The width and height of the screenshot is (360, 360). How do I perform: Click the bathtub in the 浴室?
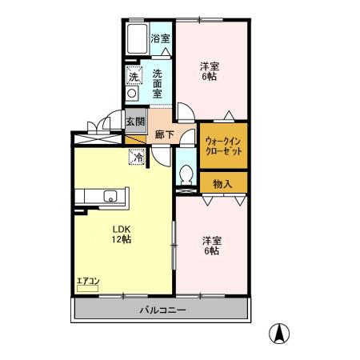point(137,39)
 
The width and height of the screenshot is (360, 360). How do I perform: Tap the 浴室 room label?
point(160,39)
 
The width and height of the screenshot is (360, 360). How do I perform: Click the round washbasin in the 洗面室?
point(132,94)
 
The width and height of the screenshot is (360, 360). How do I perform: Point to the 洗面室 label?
point(157,84)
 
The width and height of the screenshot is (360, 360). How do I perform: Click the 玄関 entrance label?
point(135,122)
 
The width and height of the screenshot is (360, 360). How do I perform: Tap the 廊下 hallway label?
point(164,134)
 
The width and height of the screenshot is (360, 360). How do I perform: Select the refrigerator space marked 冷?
point(137,157)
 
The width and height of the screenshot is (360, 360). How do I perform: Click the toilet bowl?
point(186,174)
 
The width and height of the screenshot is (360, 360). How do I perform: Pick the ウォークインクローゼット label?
point(223,146)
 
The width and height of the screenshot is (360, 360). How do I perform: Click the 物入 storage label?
point(222,184)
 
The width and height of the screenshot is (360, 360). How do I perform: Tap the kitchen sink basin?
point(110,196)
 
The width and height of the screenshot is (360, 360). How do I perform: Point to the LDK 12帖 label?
point(122,234)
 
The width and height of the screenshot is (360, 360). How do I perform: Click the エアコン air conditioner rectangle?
point(87,288)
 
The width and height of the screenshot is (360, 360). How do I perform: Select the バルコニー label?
point(162,310)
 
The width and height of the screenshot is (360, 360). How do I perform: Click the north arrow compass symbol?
point(279,334)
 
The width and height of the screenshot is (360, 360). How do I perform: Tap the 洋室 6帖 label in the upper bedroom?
point(210,71)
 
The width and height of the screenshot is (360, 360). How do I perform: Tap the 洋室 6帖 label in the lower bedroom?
point(212,246)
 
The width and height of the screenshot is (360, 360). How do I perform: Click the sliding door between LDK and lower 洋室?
point(174,246)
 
